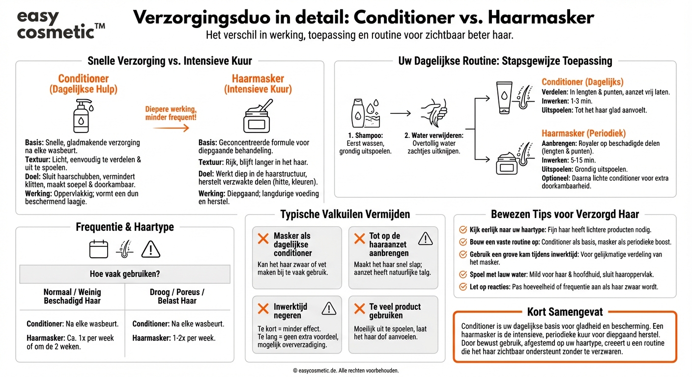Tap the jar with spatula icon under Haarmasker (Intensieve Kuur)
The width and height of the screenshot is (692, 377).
tap(258, 116)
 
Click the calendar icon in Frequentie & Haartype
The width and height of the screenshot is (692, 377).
tap(98, 249)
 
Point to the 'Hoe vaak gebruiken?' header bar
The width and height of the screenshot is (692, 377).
tap(125, 274)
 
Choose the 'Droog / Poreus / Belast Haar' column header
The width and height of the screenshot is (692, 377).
tap(177, 296)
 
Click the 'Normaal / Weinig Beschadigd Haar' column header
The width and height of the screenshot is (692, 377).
tap(72, 296)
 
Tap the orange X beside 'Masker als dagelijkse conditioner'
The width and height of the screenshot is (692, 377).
tap(263, 239)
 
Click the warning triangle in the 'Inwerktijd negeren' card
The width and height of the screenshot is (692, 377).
tap(328, 308)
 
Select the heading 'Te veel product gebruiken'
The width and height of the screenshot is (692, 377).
tap(395, 311)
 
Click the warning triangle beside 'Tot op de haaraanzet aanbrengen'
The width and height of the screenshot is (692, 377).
tap(425, 239)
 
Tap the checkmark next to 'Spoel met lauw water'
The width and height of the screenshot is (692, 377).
tap(462, 275)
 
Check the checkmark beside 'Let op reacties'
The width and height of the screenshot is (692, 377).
tap(462, 287)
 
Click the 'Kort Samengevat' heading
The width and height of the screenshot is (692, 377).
tap(565, 312)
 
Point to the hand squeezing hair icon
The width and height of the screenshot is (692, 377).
tap(433, 113)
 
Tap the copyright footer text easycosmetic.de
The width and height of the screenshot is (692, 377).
tap(346, 371)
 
